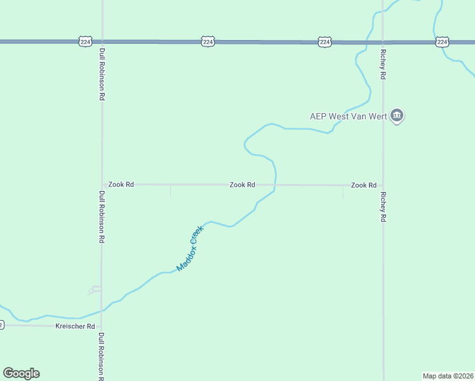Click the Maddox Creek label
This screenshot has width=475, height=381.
pos(190,248)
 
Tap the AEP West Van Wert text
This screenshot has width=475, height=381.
pos(348,116)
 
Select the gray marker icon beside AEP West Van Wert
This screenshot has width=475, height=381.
pos(397,116)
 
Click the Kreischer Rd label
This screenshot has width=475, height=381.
pos(75,326)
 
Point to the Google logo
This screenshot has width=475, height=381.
pos(21,373)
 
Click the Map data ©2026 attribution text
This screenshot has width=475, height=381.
pos(448,376)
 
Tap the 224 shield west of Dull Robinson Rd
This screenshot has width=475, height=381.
pos(86,41)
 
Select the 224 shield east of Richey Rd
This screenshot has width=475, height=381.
pos(443,42)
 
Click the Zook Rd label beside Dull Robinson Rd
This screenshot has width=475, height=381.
pos(121,185)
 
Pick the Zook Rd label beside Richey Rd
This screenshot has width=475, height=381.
pos(364,185)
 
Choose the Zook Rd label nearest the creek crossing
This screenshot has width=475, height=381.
pos(242,185)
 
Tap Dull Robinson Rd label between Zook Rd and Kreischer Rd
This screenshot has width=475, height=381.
pos(102,218)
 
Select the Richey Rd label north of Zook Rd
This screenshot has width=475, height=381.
pos(383,64)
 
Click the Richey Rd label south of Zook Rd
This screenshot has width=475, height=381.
pos(383,206)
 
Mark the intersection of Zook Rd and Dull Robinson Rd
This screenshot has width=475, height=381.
pos(102,185)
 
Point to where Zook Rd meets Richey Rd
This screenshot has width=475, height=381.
pos(383,185)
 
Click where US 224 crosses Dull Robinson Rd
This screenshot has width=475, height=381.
pos(102,42)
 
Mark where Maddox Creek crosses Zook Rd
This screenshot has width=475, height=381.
pos(276,185)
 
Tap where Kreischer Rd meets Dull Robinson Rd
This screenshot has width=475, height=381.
pos(102,326)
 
